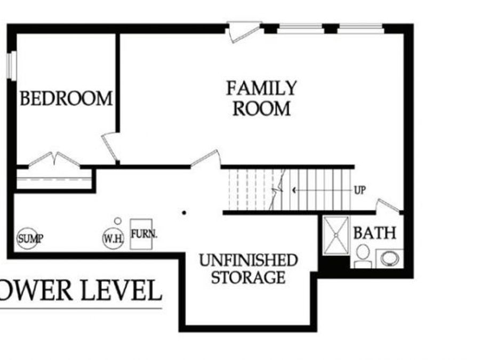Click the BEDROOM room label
coord(66,99)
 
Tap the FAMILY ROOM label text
coord(261,98)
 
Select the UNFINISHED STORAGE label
coord(248,269)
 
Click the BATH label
coord(374,233)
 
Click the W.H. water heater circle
coord(113,238)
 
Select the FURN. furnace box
coord(141,234)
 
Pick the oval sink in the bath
coord(389,258)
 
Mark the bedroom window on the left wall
coord(11,66)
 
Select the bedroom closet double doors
coord(54,160)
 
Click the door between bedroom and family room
coord(111,147)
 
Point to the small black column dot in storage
coord(184,212)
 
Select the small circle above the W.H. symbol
coord(118,221)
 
